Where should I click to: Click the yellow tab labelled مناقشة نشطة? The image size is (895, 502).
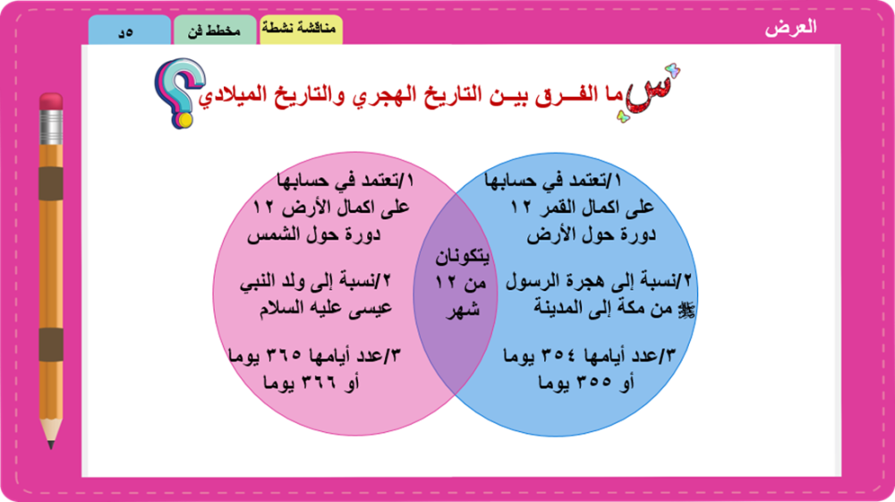[x=301, y=30]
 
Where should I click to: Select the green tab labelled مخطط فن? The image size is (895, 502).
[x=215, y=30]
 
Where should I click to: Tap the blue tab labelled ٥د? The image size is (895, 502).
[x=129, y=30]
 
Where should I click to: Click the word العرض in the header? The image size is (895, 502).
[x=790, y=28]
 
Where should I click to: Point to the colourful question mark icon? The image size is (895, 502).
[x=179, y=92]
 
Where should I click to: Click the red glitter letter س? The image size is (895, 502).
[x=650, y=94]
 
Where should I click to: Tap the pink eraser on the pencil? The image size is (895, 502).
[x=51, y=101]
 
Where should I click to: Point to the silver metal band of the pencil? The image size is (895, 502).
[x=51, y=127]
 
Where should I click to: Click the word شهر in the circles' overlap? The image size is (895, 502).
[x=463, y=311]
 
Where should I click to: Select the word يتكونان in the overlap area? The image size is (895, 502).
[x=463, y=257]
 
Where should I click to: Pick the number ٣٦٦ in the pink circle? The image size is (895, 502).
[x=319, y=382]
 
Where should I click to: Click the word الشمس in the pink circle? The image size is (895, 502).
[x=270, y=234]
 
